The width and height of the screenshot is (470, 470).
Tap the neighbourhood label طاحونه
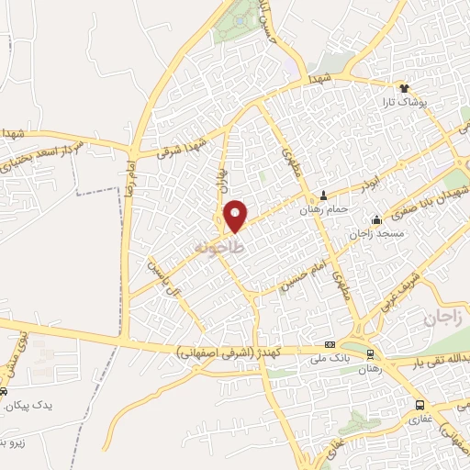[x=220, y=248]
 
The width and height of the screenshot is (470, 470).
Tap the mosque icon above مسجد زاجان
[x=375, y=220]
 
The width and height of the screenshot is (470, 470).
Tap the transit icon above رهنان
[x=370, y=353]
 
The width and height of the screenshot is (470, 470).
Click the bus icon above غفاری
[x=420, y=404]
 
